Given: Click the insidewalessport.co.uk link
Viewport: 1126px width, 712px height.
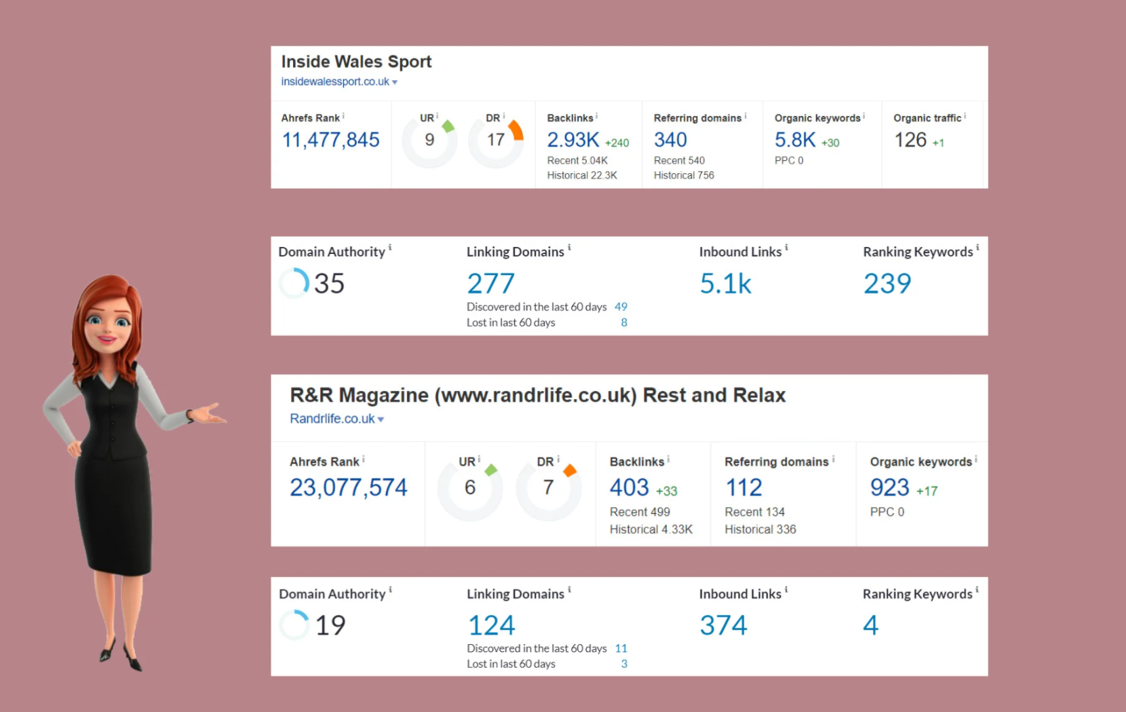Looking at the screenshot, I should (335, 81).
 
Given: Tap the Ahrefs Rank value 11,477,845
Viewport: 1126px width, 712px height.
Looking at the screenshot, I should (330, 140).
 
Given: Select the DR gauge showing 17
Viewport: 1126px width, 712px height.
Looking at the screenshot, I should (496, 140).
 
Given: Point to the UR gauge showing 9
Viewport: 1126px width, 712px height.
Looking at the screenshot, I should (429, 140).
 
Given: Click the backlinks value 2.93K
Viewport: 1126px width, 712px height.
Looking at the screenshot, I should (573, 140).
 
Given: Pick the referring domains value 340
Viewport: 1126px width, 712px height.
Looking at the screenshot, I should (670, 140).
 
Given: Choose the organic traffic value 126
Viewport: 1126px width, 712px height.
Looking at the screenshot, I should (910, 140).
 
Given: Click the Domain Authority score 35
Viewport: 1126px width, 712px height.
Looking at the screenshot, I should (329, 283).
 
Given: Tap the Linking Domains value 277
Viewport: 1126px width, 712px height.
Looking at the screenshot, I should (490, 283).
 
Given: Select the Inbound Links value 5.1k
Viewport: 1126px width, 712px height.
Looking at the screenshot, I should (725, 283).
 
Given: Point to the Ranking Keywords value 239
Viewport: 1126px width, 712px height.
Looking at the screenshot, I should (887, 283).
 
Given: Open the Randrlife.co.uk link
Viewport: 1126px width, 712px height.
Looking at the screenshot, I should (332, 419).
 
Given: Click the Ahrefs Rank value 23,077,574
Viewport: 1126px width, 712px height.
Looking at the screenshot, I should (348, 487).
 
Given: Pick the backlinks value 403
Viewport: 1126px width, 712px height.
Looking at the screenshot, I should (629, 487).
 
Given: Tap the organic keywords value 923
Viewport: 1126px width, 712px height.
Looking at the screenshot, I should (889, 487).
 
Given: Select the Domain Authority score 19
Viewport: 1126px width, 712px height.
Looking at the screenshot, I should (330, 625).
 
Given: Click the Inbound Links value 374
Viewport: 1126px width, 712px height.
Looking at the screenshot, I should (723, 625).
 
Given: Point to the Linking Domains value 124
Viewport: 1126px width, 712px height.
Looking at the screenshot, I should (492, 625).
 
